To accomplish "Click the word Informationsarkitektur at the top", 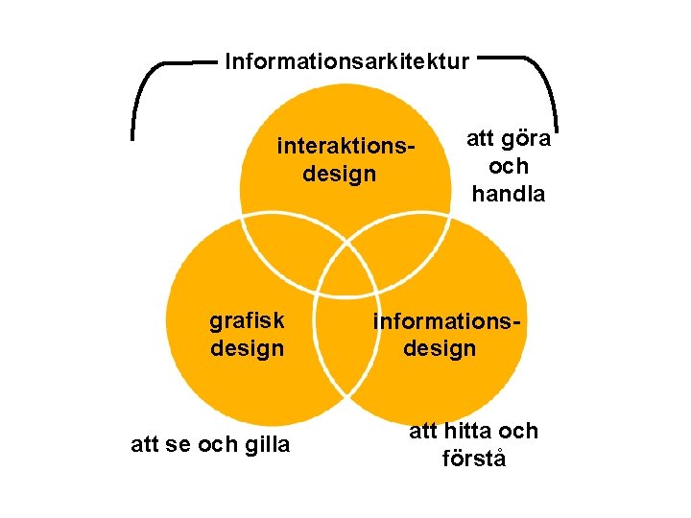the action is tap(347, 62).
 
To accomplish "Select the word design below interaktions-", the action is tap(340, 175).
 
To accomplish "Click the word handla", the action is tap(509, 193).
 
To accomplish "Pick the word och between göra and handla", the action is tap(509, 166).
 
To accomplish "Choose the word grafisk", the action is tap(247, 320).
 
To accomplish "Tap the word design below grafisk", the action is tap(248, 347).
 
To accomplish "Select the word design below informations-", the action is tap(440, 347).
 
